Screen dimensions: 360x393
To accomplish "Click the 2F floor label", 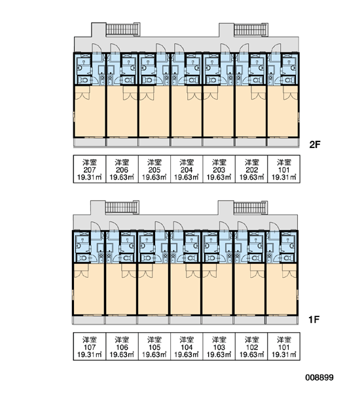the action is click(x=315, y=145).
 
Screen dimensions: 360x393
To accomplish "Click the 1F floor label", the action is click(x=314, y=320).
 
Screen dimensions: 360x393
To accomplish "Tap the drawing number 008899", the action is click(x=319, y=377).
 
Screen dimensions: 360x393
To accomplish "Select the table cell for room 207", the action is click(x=90, y=169).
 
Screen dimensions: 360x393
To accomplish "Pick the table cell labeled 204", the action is click(x=187, y=169).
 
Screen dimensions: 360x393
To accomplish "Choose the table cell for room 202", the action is click(x=251, y=169).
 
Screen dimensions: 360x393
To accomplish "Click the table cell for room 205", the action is click(x=154, y=169).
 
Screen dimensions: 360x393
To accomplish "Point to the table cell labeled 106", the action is click(x=122, y=346).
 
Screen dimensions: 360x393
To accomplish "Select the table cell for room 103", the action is click(x=219, y=346).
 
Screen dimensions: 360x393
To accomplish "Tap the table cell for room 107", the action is click(x=90, y=346).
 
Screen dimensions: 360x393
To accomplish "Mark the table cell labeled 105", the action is click(x=154, y=346).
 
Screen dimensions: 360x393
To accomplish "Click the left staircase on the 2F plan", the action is click(x=122, y=29).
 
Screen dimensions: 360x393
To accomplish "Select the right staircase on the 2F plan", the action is click(x=251, y=29).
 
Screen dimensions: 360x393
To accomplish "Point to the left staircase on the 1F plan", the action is click(x=122, y=207).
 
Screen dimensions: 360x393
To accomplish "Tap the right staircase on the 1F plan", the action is click(x=251, y=208).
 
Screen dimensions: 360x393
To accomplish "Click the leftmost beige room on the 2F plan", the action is click(x=90, y=111).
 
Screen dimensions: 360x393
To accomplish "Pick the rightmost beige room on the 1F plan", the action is click(x=281, y=290).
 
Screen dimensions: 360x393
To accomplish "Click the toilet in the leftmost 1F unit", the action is click(x=82, y=257).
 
